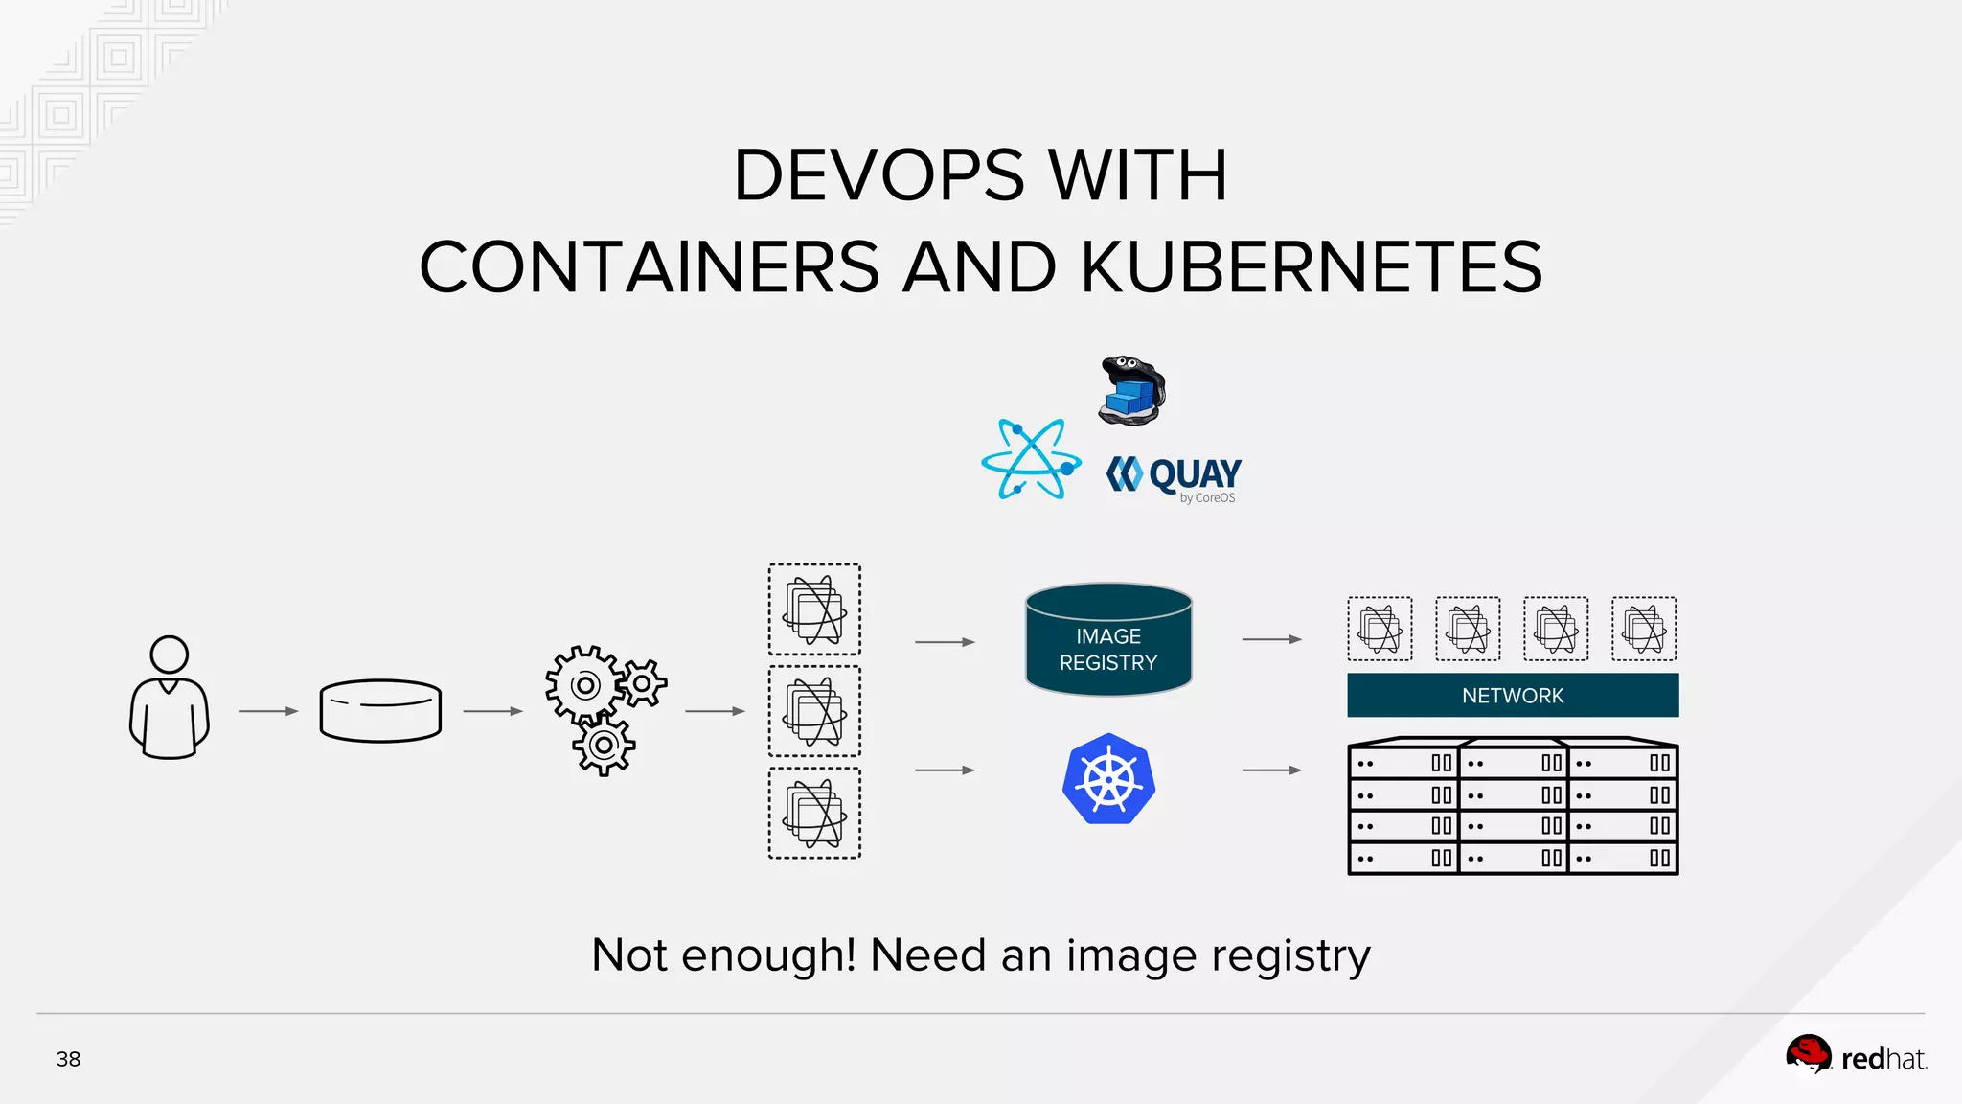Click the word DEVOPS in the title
coord(878,175)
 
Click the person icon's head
coord(170,655)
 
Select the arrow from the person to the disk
coord(267,711)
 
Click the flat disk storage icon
coord(380,711)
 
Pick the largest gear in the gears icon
coord(583,685)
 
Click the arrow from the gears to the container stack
coord(715,711)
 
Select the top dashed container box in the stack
coord(814,609)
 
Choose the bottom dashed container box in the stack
coord(814,814)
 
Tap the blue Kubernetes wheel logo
coord(1108,779)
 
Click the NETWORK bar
coord(1513,696)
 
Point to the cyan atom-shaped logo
coord(1031,460)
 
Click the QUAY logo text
coord(1194,473)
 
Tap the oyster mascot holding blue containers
coord(1132,390)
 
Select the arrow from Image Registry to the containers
coord(1271,639)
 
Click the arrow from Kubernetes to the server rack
coord(1271,770)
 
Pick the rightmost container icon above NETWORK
coord(1644,629)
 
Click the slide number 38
coord(68,1059)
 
